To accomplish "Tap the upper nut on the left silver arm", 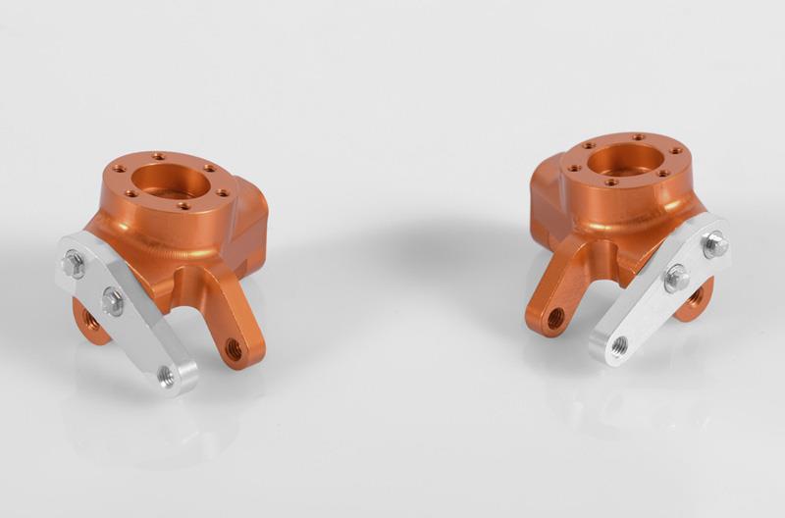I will (73, 263).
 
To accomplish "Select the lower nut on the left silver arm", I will (113, 301).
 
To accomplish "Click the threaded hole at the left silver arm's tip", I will (169, 374).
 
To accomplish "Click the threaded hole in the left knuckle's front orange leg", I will (234, 345).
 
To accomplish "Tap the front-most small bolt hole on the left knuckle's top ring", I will (183, 205).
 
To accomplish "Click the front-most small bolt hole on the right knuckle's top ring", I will (610, 181).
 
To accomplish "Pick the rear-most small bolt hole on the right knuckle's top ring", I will (639, 136).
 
